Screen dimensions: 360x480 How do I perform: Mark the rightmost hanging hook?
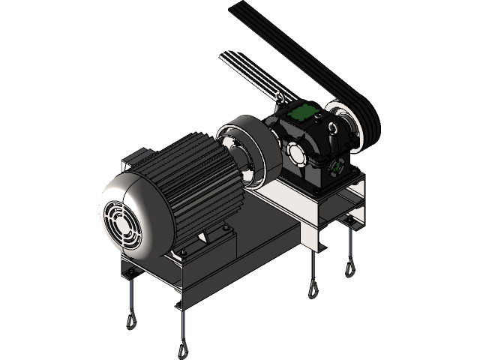tap(349, 266)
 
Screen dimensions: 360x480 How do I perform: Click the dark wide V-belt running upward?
tap(315, 52)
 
